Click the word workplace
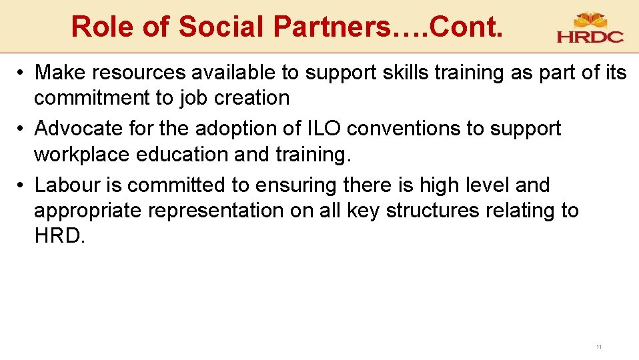(82, 154)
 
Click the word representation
(217, 211)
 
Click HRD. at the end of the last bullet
(59, 236)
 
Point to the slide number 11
(598, 347)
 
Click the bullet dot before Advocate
(22, 129)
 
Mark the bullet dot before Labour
(22, 185)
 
